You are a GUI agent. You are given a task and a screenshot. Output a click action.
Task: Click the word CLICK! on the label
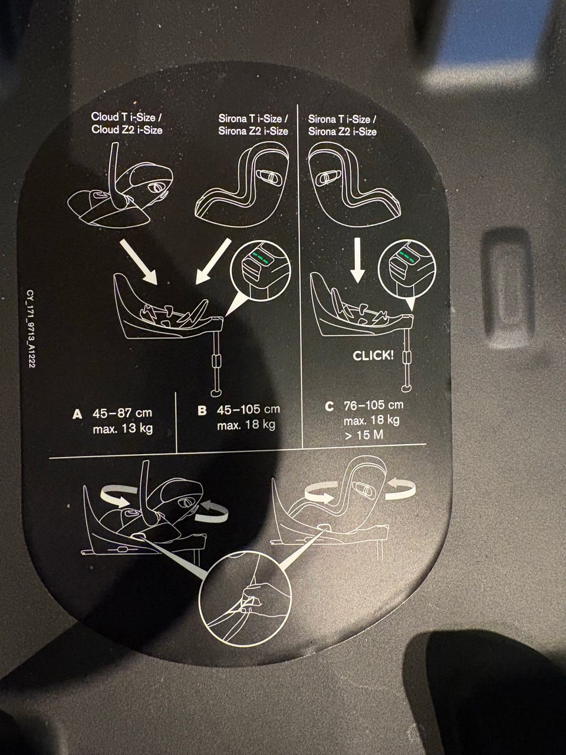click(x=373, y=355)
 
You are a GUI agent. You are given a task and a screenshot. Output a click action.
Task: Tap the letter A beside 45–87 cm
click(x=77, y=414)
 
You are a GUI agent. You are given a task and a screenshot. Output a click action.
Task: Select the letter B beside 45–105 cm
click(x=202, y=411)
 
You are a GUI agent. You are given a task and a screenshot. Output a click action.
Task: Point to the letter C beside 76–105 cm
click(x=329, y=406)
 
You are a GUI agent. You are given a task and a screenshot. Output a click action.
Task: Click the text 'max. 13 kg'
click(x=123, y=429)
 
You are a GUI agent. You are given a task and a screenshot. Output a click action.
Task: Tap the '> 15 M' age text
click(x=364, y=435)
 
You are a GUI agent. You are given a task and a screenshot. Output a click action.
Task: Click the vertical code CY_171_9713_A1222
click(x=30, y=329)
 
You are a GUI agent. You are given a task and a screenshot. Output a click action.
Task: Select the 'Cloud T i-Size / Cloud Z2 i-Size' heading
click(x=127, y=123)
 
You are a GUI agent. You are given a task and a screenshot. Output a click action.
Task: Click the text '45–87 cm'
click(x=122, y=412)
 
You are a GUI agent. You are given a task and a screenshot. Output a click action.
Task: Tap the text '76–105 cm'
click(x=374, y=405)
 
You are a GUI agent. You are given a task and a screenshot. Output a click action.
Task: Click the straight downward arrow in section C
click(x=357, y=260)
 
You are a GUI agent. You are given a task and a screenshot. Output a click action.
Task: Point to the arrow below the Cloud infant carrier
click(x=138, y=261)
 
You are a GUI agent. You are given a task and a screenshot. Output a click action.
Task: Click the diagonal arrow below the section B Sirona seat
click(x=213, y=261)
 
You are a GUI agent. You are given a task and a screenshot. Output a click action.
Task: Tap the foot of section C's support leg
click(x=406, y=388)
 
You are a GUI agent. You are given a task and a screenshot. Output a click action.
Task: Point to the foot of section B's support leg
click(x=216, y=392)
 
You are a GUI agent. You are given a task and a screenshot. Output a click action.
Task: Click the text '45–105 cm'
click(x=248, y=409)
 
